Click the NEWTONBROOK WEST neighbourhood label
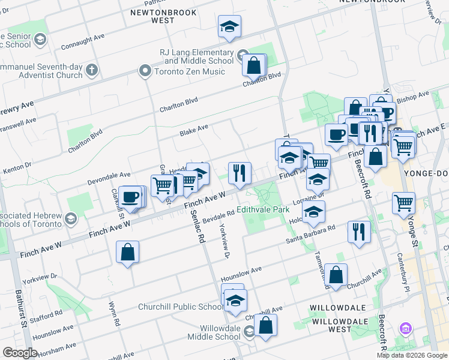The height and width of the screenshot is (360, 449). (154, 16)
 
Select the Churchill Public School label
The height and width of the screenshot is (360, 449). (180, 307)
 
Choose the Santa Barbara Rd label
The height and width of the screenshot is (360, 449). (310, 235)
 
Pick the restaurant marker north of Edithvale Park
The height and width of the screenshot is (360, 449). (240, 173)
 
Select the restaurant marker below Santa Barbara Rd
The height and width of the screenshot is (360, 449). (358, 231)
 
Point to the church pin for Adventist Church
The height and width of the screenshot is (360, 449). (92, 70)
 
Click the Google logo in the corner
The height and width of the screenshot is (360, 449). (20, 353)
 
